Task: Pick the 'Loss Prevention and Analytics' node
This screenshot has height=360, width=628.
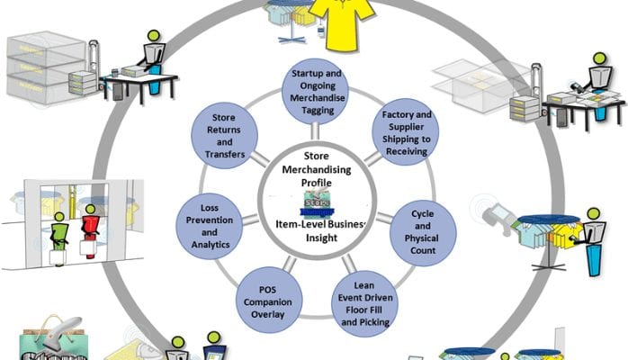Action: [210, 231]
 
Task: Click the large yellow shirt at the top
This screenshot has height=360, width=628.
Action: [340, 22]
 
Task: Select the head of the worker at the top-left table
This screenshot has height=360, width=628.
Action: [154, 39]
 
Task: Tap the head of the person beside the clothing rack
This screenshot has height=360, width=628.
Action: [593, 216]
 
